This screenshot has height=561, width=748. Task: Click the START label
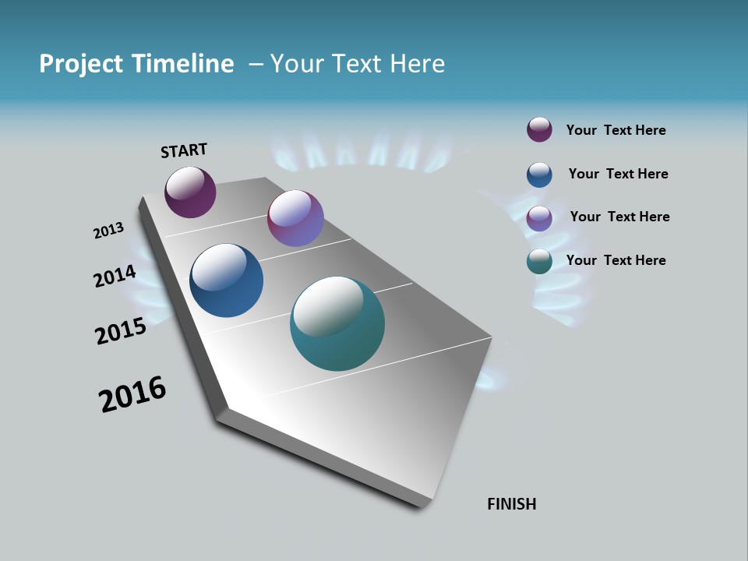click(184, 150)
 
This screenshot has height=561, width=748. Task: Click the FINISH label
click(511, 504)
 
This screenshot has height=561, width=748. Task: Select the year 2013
click(108, 231)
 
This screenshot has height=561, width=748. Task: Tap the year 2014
click(115, 277)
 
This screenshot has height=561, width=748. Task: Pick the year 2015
click(121, 331)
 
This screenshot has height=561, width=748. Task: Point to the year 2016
click(132, 394)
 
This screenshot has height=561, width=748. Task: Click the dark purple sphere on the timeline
click(190, 192)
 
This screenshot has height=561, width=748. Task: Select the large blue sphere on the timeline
click(226, 280)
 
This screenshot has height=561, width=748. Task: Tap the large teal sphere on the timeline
click(337, 323)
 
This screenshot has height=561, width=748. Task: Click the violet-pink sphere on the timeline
click(295, 218)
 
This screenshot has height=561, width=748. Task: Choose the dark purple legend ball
click(539, 130)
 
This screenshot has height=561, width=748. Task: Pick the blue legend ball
click(539, 175)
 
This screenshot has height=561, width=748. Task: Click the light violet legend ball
click(539, 218)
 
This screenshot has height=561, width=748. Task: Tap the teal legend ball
click(539, 261)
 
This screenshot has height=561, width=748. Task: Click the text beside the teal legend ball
click(616, 260)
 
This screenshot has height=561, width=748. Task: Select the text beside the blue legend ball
click(618, 174)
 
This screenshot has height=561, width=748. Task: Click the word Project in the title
click(82, 64)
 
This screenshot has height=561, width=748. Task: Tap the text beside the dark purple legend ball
click(616, 130)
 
